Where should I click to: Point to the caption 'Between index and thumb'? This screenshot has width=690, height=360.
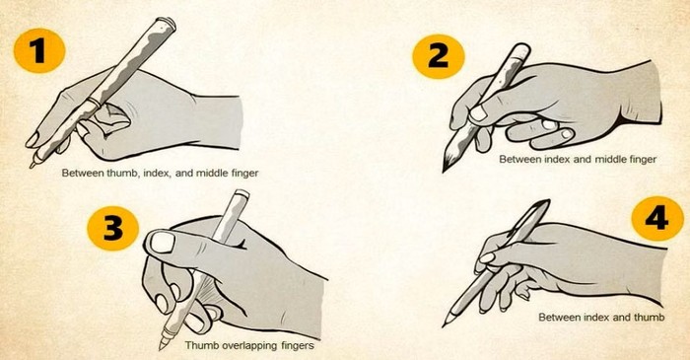600,318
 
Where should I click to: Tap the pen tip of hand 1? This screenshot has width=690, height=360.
33,164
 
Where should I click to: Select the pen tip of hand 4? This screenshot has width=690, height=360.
449,322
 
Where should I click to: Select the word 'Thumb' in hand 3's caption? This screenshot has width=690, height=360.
200,346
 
